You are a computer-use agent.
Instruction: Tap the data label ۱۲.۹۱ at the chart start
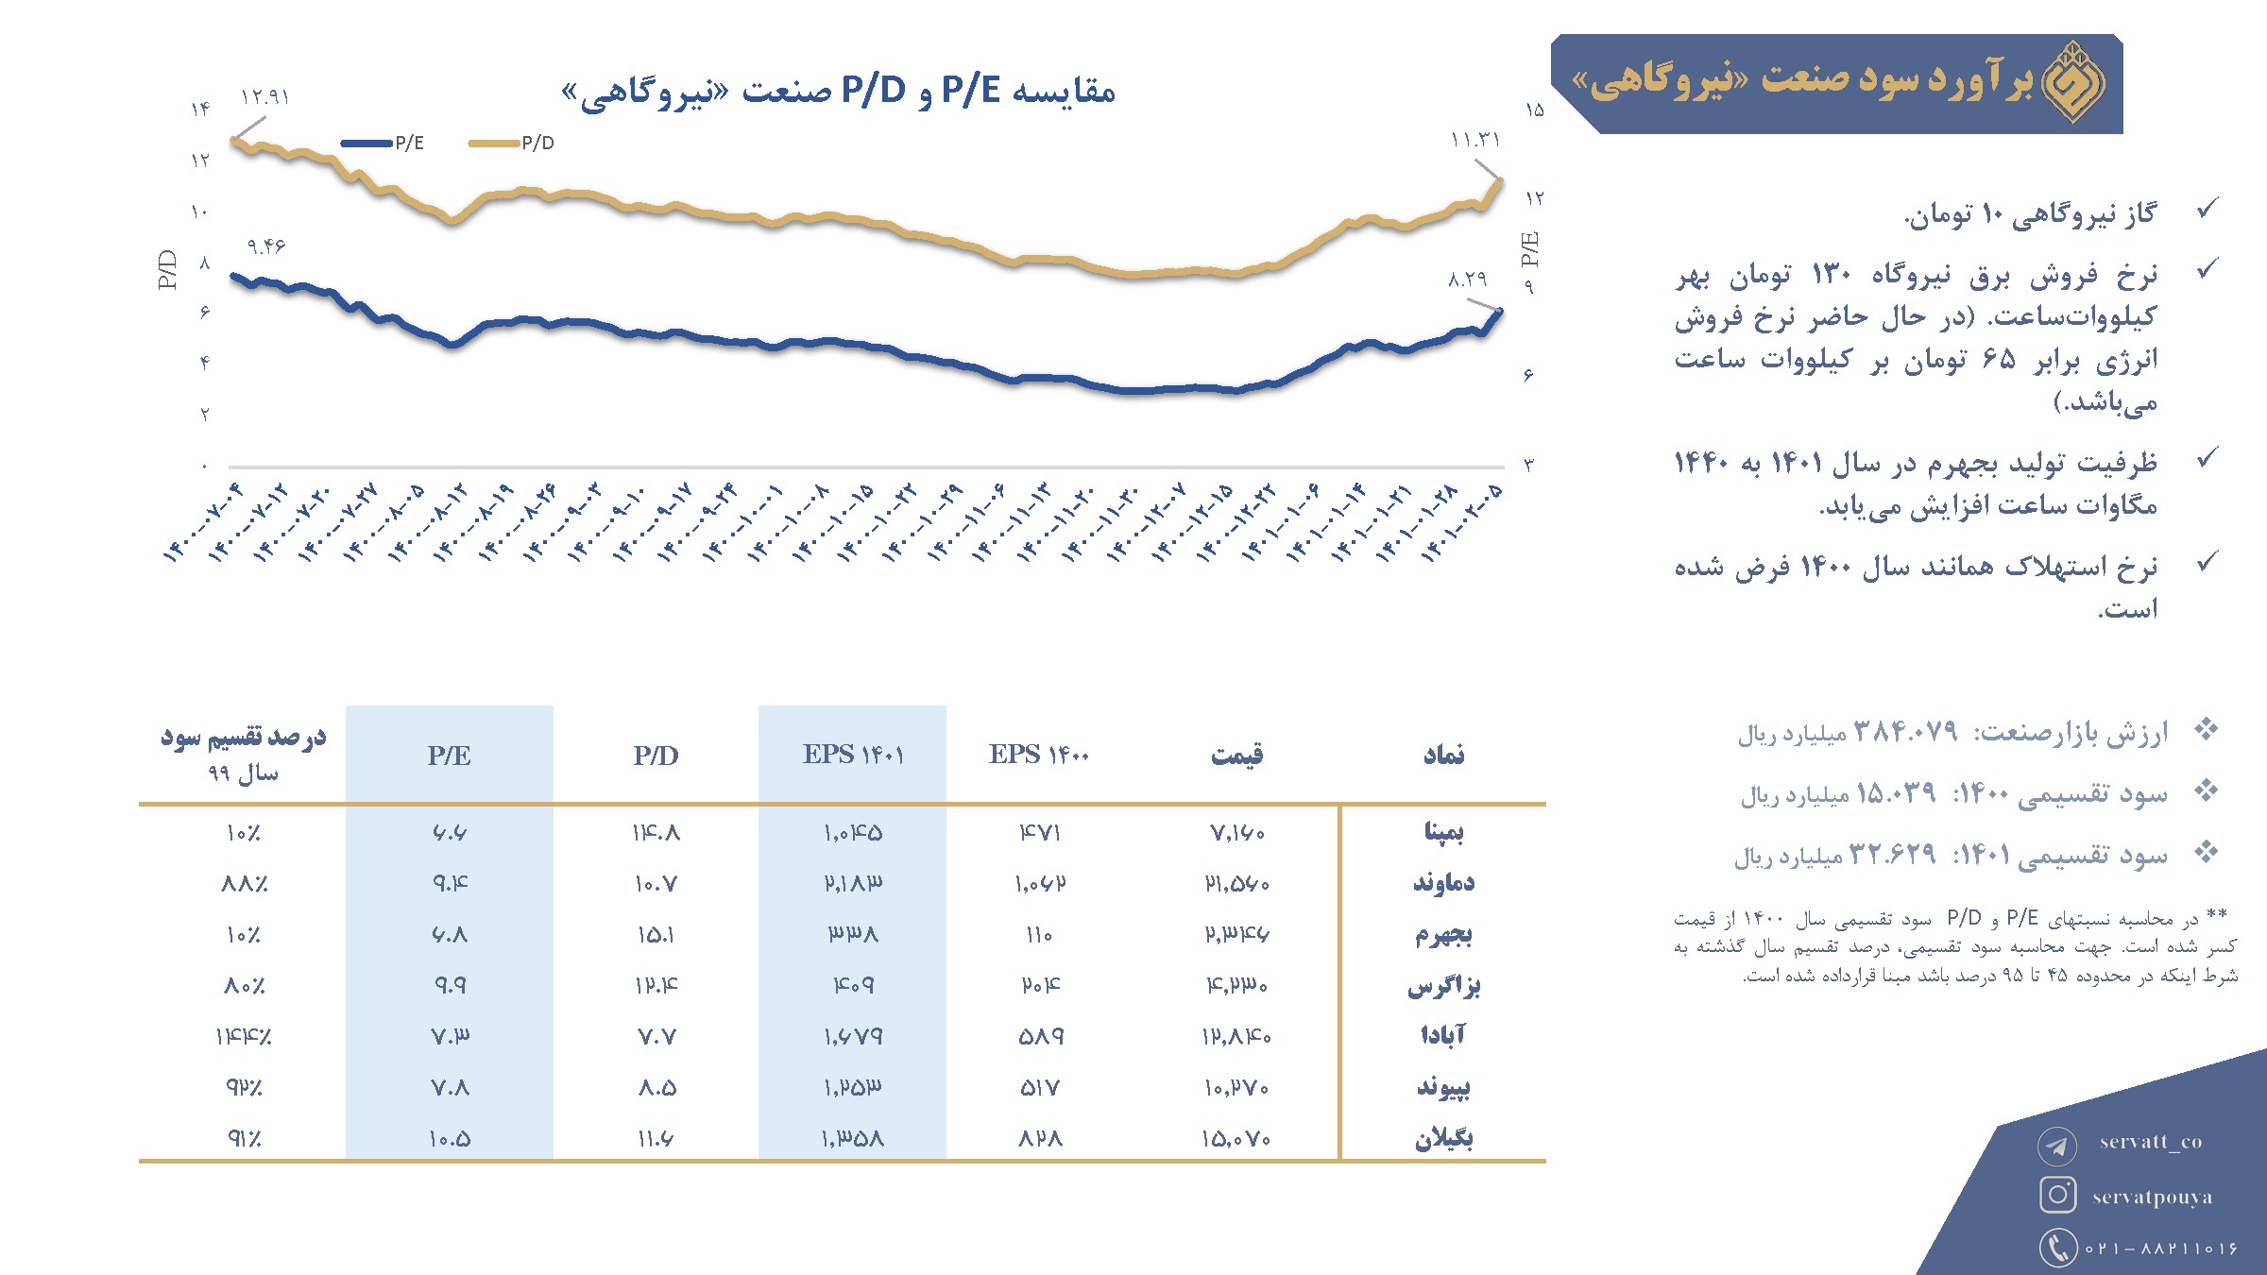point(264,97)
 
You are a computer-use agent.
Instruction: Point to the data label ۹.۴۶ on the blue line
point(265,246)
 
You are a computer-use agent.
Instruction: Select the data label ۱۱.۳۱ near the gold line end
point(1475,141)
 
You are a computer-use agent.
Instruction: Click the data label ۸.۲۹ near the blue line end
point(1468,280)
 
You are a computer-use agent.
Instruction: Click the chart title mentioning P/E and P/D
point(838,92)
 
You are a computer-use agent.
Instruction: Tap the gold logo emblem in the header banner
point(2072,83)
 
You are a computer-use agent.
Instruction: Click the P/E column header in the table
point(449,756)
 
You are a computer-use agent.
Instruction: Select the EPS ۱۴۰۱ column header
point(853,755)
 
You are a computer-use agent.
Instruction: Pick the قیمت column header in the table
point(1236,755)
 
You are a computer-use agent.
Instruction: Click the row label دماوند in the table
point(1442,883)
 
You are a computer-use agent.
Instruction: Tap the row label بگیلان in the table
point(1443,1138)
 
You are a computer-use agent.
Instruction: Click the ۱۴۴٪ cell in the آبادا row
point(244,1037)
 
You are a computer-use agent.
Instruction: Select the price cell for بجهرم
point(1236,934)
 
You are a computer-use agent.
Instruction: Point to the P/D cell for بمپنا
point(656,833)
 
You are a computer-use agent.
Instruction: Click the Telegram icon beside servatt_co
point(2056,1146)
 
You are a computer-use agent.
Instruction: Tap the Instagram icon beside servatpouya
point(2057,1195)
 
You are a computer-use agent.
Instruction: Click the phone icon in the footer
point(2057,1247)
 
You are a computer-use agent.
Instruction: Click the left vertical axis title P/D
point(167,269)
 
